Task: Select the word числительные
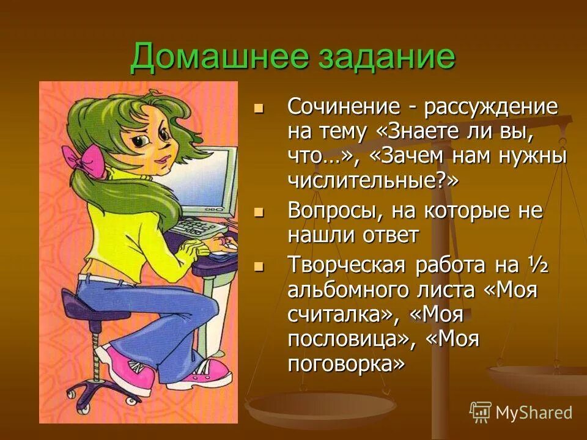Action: coord(364,179)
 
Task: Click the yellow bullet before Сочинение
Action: coord(259,109)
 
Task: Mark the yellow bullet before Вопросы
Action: coord(259,212)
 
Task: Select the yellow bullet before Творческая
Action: coord(259,267)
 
